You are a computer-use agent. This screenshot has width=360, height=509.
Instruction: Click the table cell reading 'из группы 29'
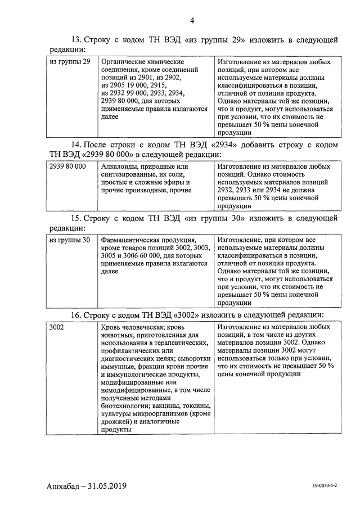[70, 61]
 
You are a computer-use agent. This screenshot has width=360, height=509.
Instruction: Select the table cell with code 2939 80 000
[67, 167]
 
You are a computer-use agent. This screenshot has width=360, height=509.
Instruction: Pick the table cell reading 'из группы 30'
[70, 240]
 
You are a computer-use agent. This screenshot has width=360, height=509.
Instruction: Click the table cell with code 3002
[57, 327]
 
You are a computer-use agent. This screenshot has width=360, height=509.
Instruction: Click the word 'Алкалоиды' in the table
[121, 167]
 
